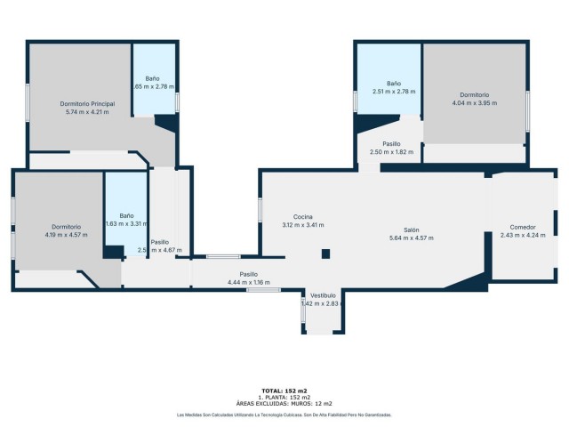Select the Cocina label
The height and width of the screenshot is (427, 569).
[x=303, y=217]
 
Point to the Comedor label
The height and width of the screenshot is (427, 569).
[x=517, y=226]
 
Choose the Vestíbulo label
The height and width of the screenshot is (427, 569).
[x=323, y=295]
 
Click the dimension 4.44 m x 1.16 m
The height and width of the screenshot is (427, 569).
[x=248, y=282]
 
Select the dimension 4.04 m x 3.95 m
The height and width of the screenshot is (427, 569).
[x=474, y=103]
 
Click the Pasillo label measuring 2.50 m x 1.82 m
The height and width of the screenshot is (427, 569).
[x=391, y=143]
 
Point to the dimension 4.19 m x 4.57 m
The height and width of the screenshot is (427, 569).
[x=67, y=235]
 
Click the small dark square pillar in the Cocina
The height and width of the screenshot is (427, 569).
[x=325, y=254]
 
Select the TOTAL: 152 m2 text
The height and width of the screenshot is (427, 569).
[x=284, y=391]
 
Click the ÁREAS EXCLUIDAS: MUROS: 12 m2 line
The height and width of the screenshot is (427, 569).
[x=284, y=403]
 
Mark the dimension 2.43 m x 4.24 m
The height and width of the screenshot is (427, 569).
[x=517, y=235]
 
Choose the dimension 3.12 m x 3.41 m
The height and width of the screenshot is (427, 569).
[x=303, y=225]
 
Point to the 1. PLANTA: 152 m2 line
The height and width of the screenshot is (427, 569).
[x=284, y=397]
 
